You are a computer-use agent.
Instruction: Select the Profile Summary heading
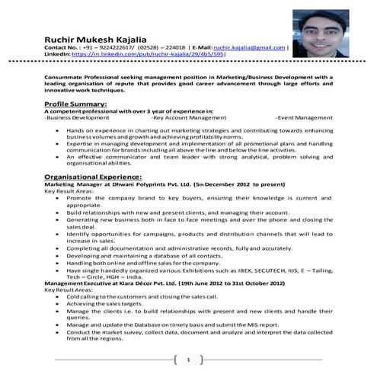click(x=75, y=103)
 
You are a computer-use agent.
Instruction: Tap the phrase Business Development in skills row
click(x=78, y=118)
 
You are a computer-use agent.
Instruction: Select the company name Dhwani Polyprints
click(x=150, y=184)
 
